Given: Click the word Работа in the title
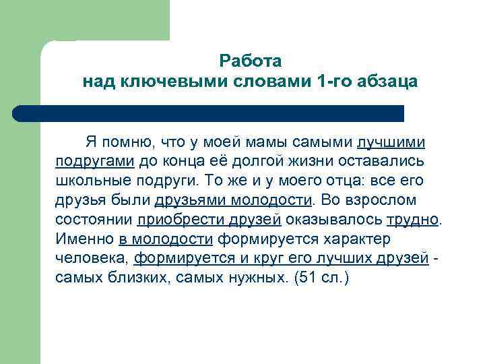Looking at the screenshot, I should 250,61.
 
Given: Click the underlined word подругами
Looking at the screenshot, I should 95,162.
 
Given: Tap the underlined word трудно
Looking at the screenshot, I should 412,220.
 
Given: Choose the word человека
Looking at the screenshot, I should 92,258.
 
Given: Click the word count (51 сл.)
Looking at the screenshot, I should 319,278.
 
